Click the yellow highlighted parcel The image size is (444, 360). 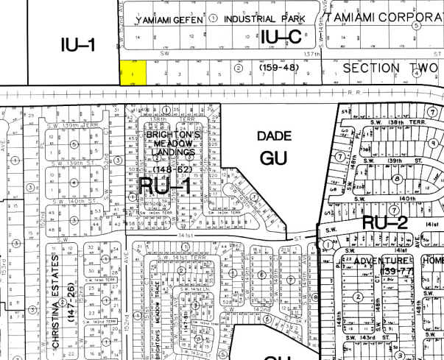click(x=133, y=72)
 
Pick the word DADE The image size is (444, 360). click(x=275, y=136)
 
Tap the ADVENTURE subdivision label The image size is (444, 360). click(x=380, y=261)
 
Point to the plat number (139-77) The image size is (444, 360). click(x=380, y=273)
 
